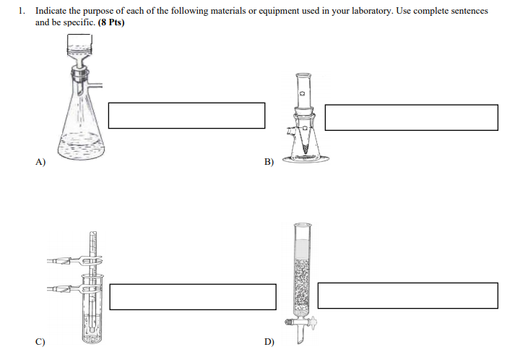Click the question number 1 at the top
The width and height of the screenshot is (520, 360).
tap(22, 12)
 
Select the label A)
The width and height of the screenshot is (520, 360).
tap(40, 162)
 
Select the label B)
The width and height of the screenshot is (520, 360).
tap(269, 163)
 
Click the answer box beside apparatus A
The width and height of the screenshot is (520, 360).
tap(186, 116)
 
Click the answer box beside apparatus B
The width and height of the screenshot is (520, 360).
tap(411, 117)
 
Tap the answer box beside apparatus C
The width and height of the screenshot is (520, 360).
tap(193, 296)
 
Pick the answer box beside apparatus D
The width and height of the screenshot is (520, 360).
tap(408, 296)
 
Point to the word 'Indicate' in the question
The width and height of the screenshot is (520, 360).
tap(49, 12)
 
